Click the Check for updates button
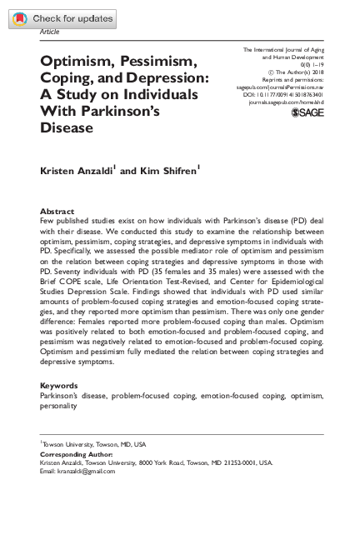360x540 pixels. (62, 18)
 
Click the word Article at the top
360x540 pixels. (50, 32)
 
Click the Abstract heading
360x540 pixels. (57, 212)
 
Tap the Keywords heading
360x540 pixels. (60, 386)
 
